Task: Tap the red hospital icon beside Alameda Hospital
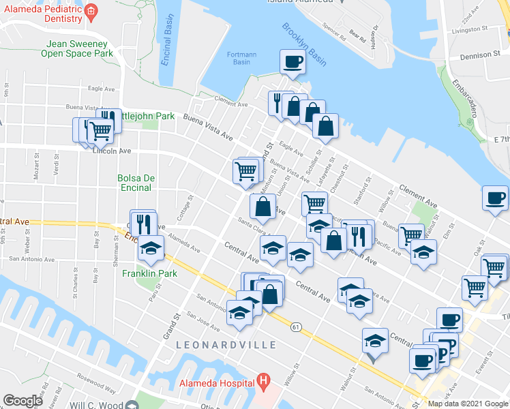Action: pyautogui.click(x=262, y=379)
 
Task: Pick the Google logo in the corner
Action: pyautogui.click(x=22, y=401)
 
